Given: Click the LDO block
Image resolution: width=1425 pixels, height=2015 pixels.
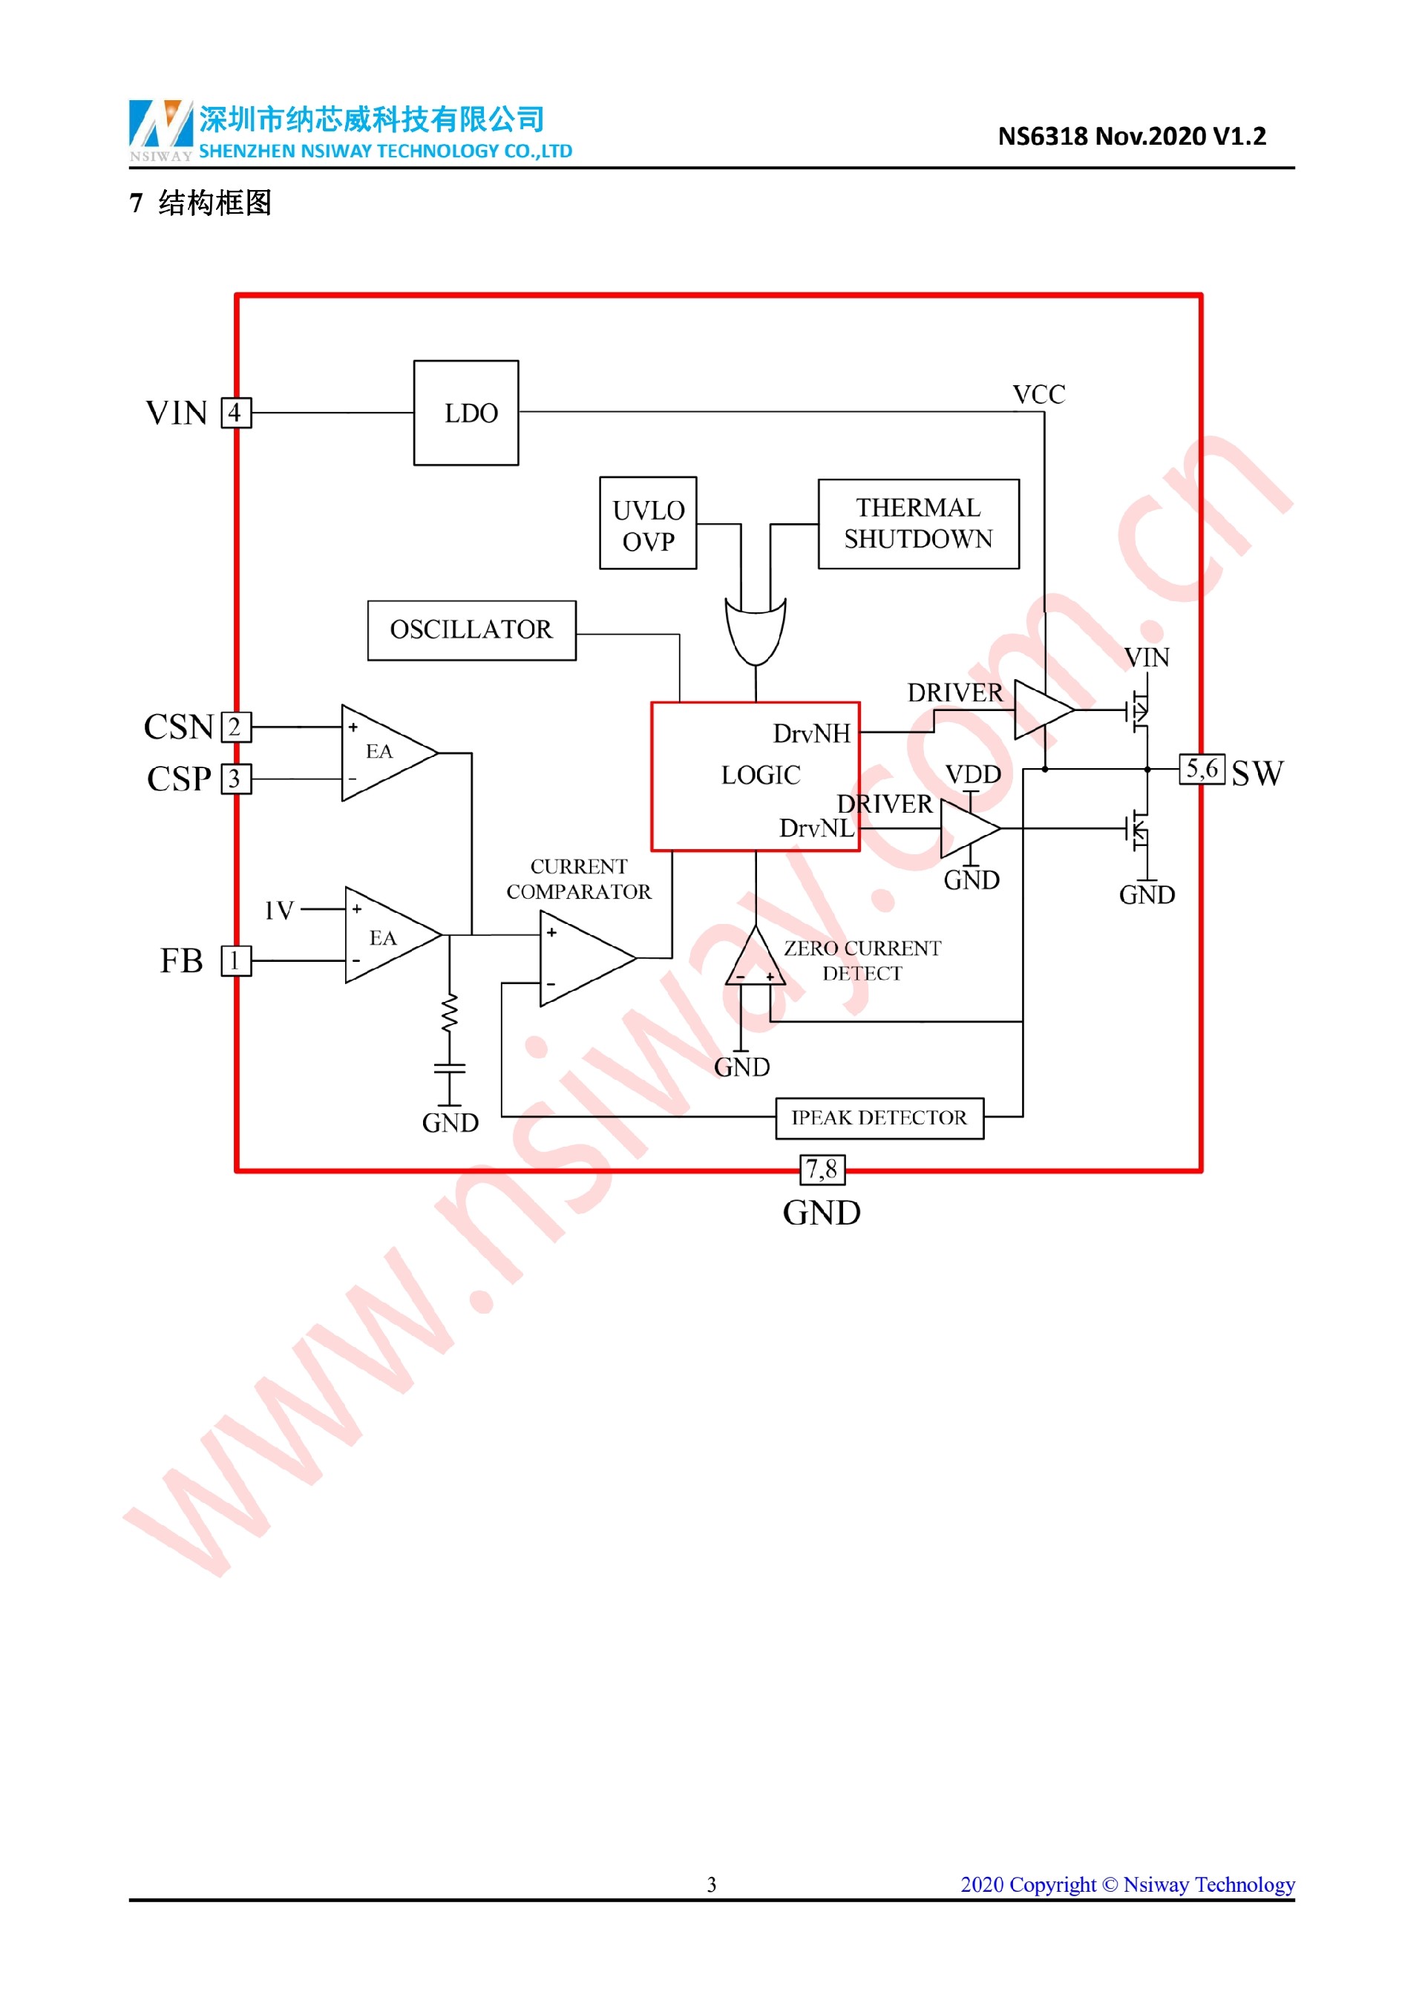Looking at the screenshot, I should (466, 413).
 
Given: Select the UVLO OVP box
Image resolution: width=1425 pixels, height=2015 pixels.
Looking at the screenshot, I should (648, 523).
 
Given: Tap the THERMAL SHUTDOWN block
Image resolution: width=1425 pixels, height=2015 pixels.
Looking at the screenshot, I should (918, 523).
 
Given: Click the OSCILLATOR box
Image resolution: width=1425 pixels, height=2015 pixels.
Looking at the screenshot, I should (471, 630).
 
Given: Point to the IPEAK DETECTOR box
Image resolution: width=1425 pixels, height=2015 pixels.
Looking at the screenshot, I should (879, 1118).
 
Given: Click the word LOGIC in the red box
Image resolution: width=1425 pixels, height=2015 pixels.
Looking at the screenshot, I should (761, 776).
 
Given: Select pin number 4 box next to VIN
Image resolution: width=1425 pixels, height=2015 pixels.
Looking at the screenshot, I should (235, 413).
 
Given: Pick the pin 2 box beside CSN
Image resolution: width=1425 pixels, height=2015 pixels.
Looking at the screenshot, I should (235, 727).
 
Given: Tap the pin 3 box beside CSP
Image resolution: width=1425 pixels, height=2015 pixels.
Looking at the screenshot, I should (235, 779).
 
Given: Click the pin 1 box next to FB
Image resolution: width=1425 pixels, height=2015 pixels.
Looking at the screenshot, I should (235, 961).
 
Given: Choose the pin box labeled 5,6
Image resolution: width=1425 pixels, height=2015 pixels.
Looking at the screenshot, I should (1202, 770).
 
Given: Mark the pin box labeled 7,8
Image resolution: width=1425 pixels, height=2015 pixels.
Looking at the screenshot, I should (822, 1169).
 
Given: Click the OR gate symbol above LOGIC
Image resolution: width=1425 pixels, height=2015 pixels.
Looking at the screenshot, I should (756, 630).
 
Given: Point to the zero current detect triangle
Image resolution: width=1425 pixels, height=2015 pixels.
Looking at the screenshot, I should (755, 959).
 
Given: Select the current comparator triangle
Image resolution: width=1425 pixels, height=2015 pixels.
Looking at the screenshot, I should (584, 958).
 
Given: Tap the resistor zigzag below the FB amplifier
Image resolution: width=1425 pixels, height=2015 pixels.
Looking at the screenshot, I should (449, 1014).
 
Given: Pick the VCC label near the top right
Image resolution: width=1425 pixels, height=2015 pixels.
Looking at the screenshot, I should (1039, 395).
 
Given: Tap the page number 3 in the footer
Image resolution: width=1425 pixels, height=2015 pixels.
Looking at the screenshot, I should (712, 1884).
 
